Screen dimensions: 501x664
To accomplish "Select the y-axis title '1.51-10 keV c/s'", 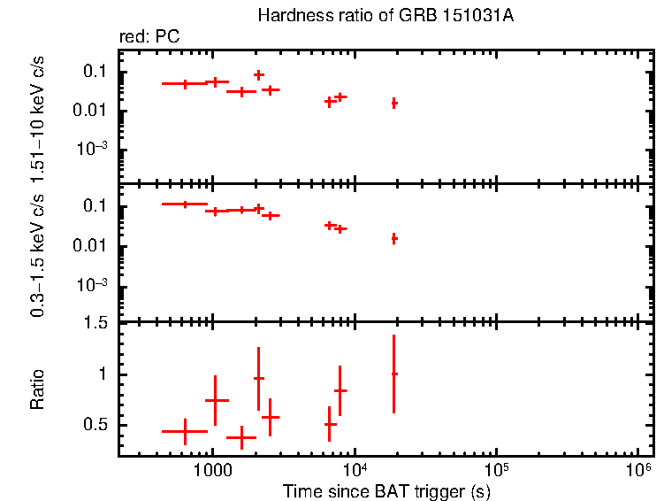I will (x=38, y=114).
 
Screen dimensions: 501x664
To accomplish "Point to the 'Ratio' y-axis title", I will (x=38, y=390).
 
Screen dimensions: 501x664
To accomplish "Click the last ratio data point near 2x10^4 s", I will (x=394, y=374).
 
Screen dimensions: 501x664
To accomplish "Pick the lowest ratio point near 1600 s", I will (x=241, y=437).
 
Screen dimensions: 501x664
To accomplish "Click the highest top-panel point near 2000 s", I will (x=259, y=75).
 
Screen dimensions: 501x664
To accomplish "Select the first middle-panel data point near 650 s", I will (x=185, y=204).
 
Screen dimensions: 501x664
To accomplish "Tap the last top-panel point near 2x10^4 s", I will (x=394, y=104).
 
